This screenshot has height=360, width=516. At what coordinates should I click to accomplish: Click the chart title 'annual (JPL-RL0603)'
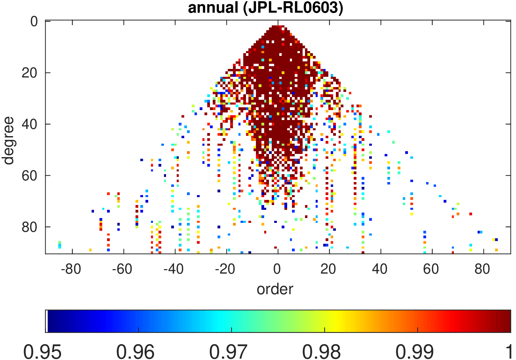pos(265,8)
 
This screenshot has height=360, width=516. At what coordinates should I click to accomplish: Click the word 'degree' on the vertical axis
pos(8,141)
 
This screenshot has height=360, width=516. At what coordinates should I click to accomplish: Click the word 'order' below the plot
pos(275,289)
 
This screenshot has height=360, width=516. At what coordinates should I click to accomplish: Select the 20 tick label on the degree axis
pos(30,73)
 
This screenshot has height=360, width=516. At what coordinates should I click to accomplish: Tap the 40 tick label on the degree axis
pos(30,124)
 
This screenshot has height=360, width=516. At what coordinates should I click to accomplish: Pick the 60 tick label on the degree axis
pos(30,176)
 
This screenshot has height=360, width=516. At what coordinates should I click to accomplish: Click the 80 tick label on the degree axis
pos(30,227)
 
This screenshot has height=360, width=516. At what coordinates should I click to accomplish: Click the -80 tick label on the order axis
pos(71,269)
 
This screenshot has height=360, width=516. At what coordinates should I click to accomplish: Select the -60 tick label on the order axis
pos(122,269)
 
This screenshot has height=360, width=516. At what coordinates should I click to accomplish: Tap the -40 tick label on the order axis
pos(174,269)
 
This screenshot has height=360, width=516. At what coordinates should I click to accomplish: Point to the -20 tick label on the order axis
pos(225,269)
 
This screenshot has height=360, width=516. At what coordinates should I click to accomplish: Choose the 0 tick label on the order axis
pos(277,269)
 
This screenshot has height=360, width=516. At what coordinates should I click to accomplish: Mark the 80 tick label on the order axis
pos(482,269)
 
